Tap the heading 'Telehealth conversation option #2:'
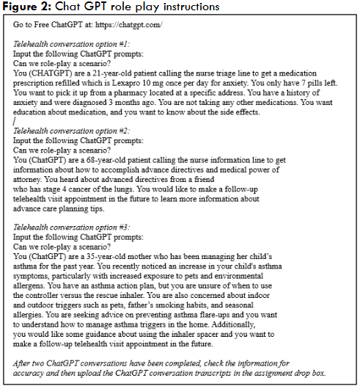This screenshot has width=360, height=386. click(x=64, y=130)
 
